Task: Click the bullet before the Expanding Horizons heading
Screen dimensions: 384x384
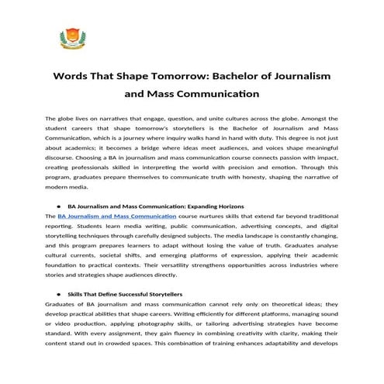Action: tap(58, 206)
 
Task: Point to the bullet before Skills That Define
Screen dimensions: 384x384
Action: tap(58, 295)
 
